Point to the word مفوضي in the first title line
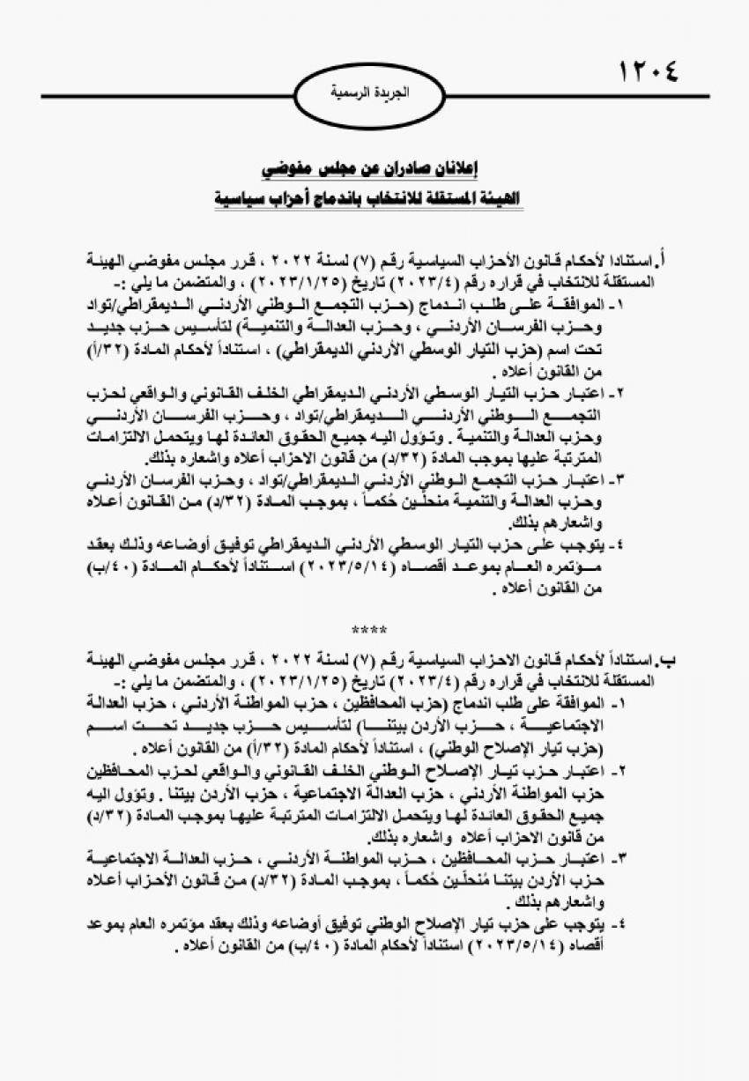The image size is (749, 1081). (x=290, y=168)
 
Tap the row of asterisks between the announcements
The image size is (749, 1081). (x=363, y=630)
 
